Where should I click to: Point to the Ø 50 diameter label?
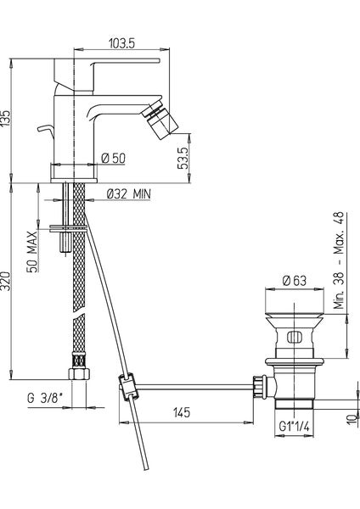(114, 159)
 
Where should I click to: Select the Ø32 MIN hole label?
(129, 194)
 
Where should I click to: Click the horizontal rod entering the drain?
(204, 389)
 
